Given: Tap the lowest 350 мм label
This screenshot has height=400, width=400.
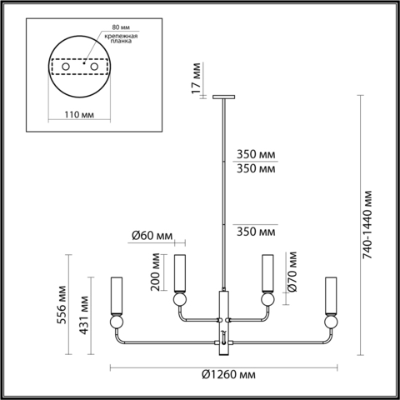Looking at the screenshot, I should [255, 231].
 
